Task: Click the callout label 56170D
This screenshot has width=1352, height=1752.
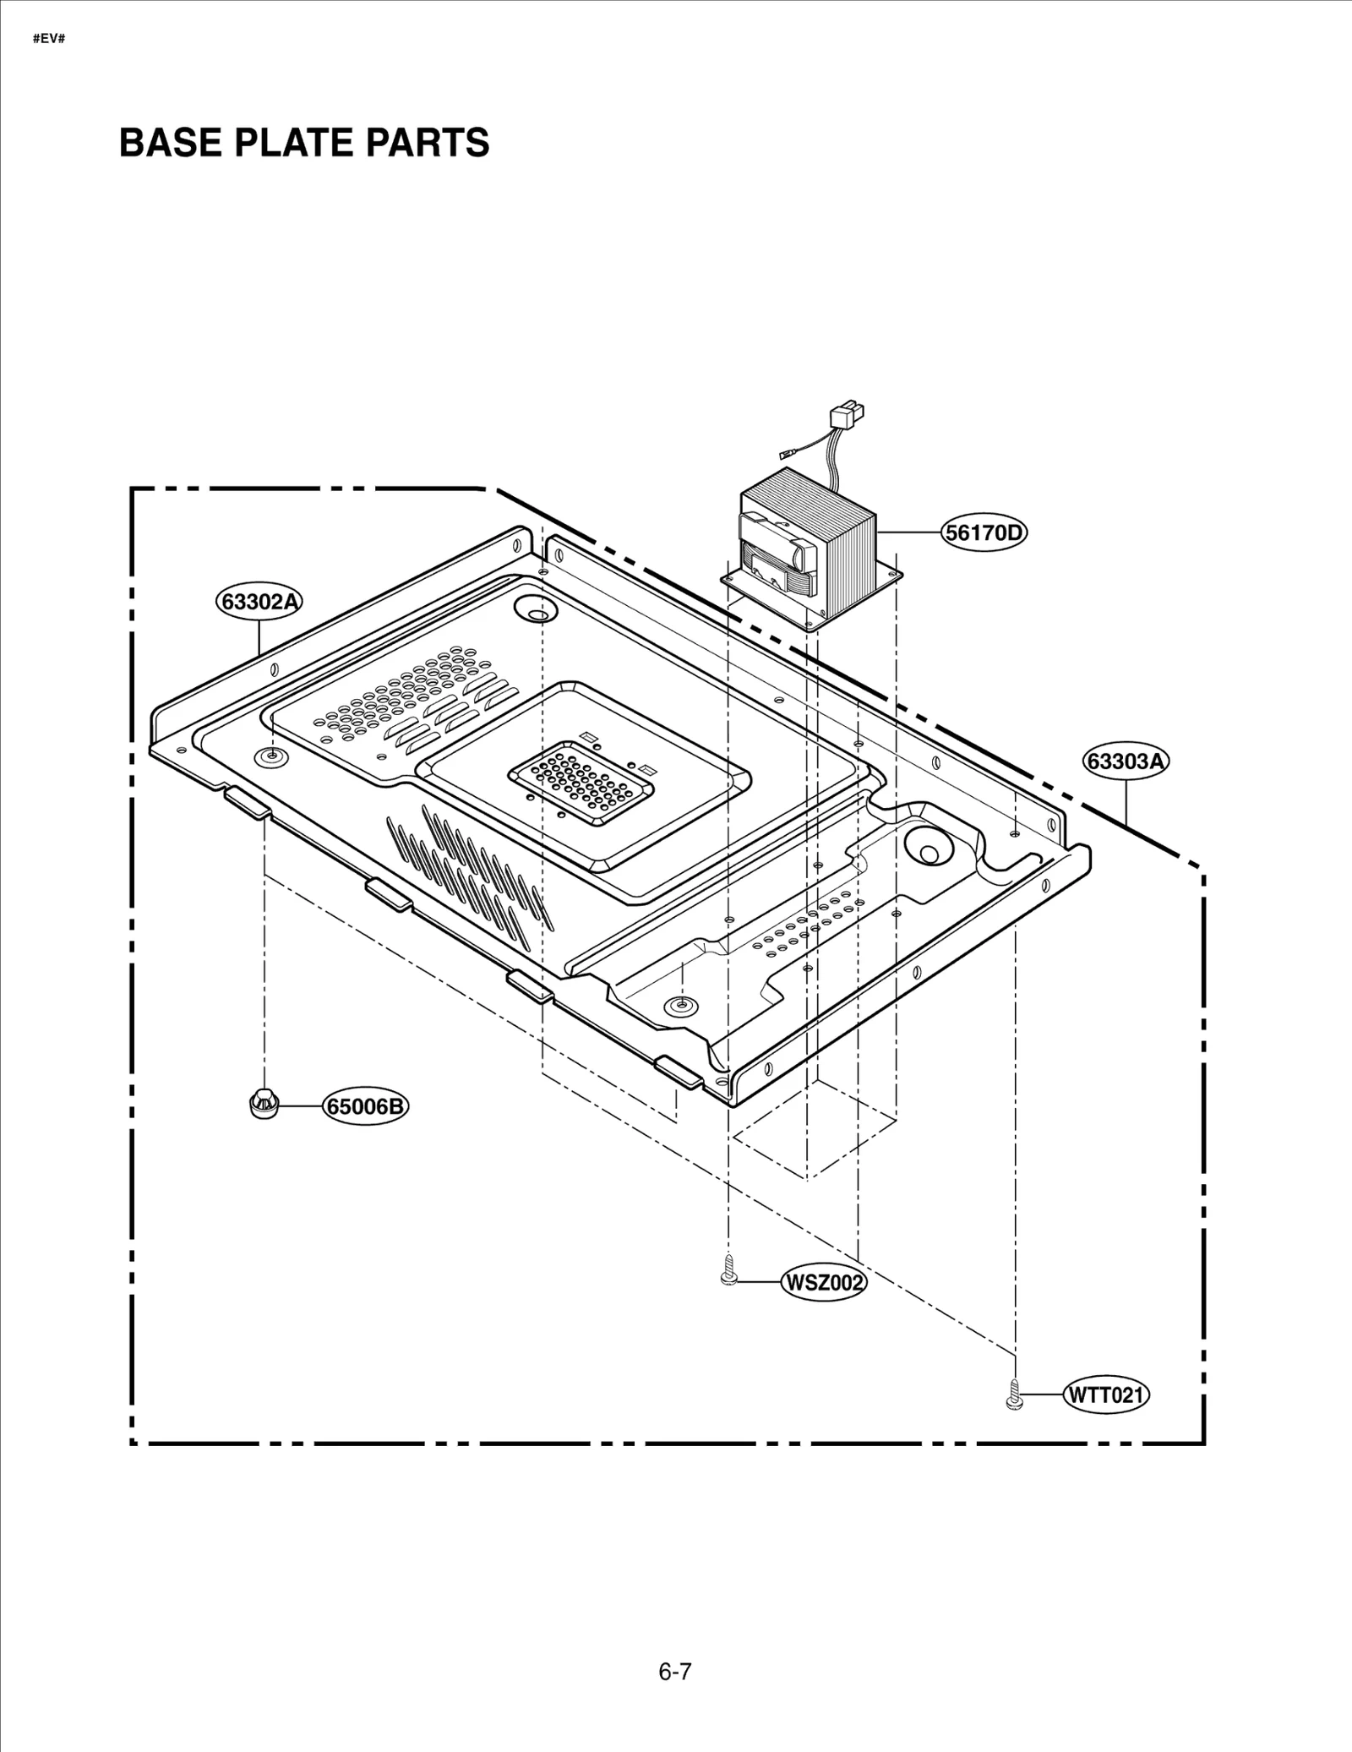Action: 984,532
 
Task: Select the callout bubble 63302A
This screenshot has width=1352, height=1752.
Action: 259,602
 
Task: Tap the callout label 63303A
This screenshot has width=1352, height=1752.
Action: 1126,761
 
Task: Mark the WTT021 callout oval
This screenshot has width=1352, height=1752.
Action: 1106,1395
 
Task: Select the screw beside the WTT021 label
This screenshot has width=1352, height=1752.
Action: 1014,1391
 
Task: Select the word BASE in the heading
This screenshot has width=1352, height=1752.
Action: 170,142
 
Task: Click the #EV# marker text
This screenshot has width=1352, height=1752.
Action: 48,40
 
